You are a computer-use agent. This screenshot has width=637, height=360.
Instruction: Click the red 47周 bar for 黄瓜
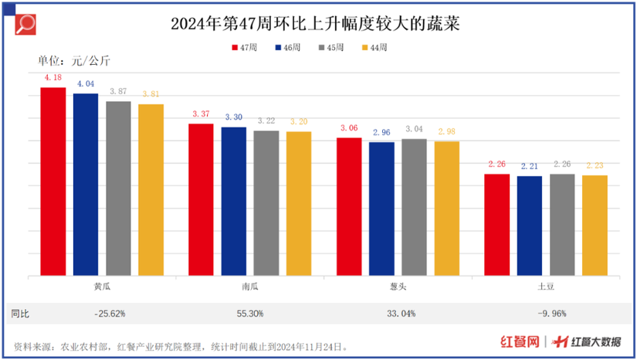[53, 182]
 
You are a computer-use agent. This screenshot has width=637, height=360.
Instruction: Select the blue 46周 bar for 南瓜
[234, 201]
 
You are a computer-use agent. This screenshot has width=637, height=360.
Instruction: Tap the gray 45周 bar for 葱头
[414, 207]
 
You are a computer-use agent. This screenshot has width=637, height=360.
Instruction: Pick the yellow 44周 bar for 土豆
[595, 226]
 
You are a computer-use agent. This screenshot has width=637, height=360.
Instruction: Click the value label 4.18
[53, 78]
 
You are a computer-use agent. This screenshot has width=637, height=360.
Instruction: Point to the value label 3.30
[234, 117]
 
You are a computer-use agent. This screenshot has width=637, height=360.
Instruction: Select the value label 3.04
[414, 129]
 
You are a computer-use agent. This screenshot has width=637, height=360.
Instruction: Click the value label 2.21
[529, 165]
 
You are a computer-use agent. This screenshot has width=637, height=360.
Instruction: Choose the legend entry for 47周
[244, 47]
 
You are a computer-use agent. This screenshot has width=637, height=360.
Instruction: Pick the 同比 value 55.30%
[250, 314]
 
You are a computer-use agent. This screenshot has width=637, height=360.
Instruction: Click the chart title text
[318, 23]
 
